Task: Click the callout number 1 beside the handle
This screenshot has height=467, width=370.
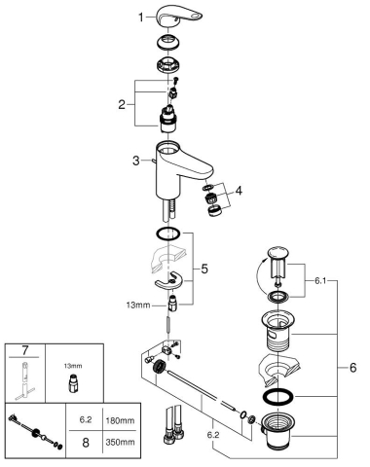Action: (140, 18)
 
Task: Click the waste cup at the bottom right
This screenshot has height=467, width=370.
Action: (282, 432)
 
